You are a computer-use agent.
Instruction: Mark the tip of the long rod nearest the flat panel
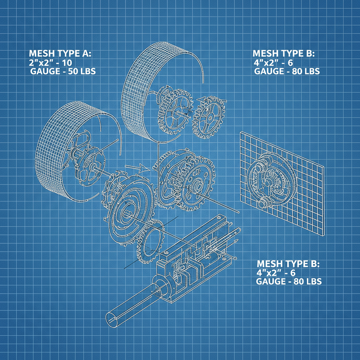tap(239, 212)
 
